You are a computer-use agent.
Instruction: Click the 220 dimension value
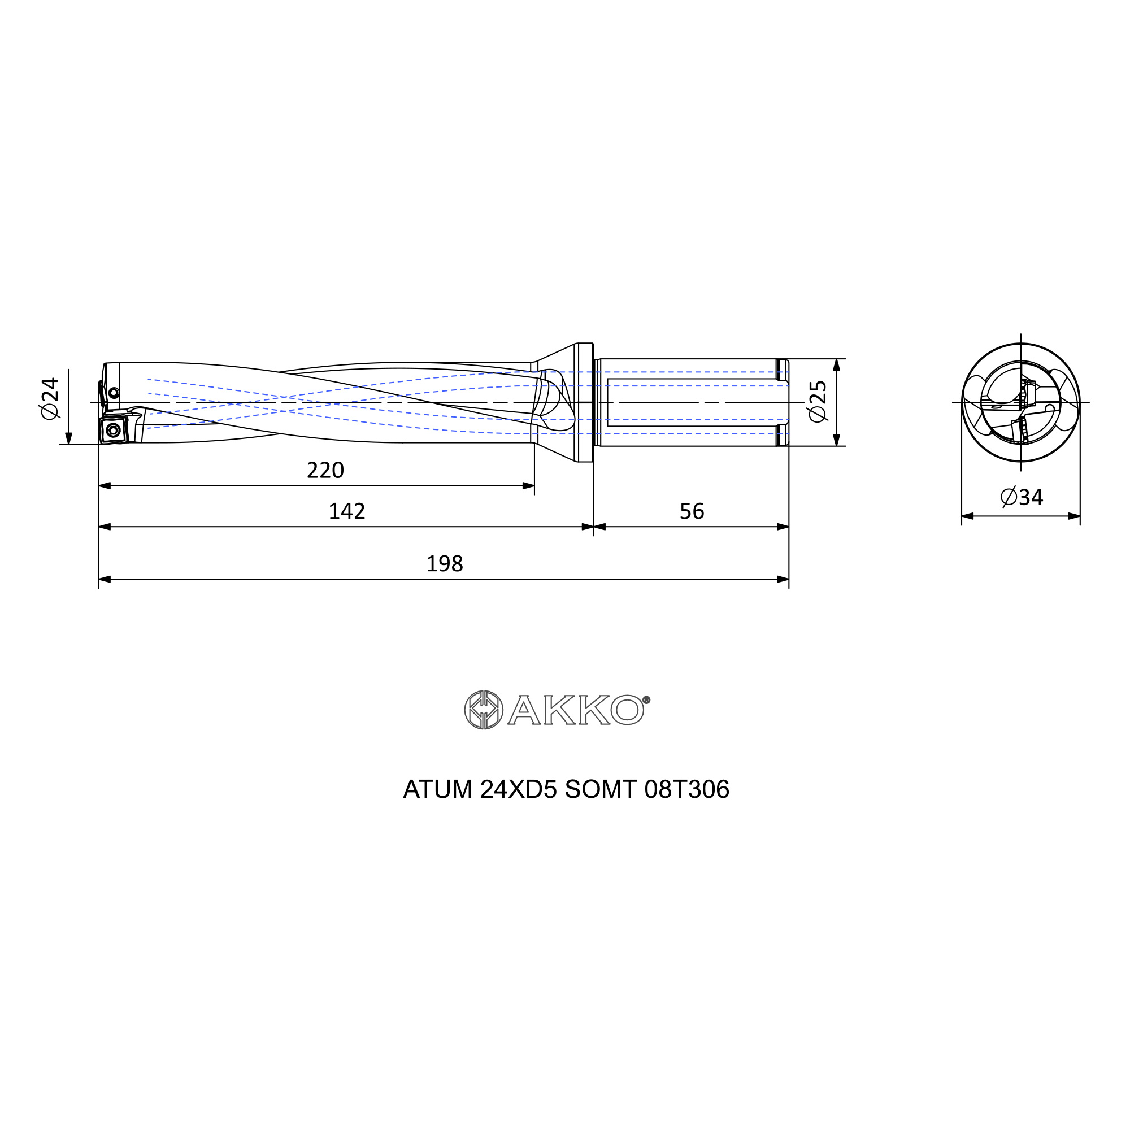coord(325,470)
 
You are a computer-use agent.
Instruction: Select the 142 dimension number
coord(347,511)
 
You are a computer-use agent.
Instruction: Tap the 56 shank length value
coord(692,511)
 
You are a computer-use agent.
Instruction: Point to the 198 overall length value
coord(445,564)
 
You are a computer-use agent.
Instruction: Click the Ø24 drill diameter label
coord(50,398)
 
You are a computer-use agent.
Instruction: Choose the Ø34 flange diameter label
coord(1022,497)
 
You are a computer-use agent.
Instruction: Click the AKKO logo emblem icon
coord(484,710)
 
